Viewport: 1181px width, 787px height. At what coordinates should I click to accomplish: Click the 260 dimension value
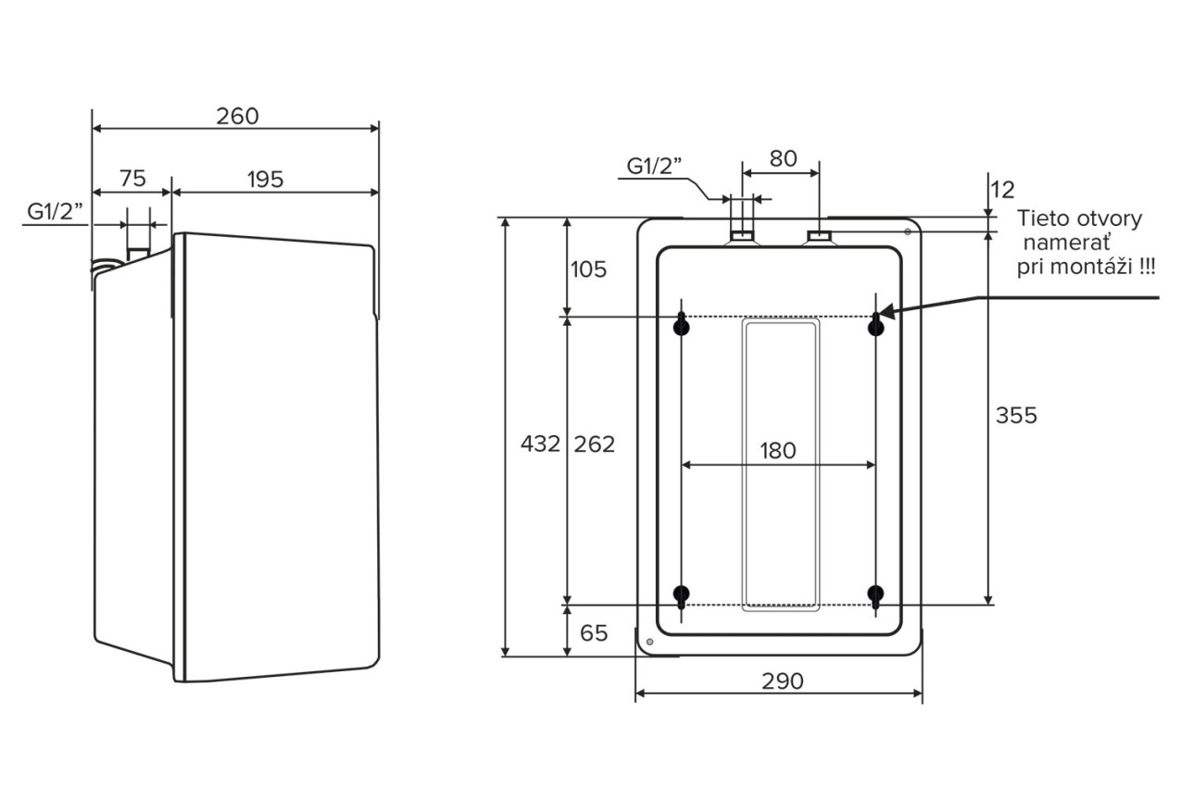237,117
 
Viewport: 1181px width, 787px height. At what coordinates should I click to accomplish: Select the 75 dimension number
132,179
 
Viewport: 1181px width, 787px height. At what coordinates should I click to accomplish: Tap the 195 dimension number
265,180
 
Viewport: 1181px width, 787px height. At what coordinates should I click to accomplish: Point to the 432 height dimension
540,443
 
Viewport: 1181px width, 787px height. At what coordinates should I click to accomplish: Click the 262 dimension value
594,444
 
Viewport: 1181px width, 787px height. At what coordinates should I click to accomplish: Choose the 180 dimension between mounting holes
778,451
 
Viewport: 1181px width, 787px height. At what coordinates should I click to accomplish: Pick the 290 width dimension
783,681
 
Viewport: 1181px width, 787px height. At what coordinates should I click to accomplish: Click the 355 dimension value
1016,416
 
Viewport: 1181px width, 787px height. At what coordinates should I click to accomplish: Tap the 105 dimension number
588,269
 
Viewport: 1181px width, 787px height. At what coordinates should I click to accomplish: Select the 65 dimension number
594,633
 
